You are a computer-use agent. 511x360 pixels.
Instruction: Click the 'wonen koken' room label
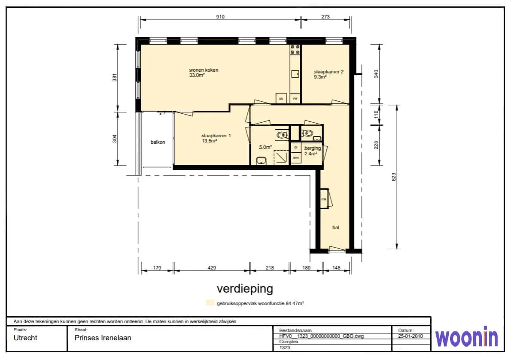[x=204, y=70]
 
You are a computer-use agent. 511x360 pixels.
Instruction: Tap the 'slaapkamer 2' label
[x=328, y=72]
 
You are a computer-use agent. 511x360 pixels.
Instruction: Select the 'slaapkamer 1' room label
[x=216, y=136]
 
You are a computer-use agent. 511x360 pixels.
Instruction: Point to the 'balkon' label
[x=158, y=142]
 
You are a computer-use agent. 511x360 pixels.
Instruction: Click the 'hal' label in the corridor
[x=336, y=227]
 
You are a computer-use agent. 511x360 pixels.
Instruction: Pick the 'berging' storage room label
[x=313, y=148]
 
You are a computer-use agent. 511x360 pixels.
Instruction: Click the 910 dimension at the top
[x=220, y=17]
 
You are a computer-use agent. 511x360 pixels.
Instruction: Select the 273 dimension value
[x=325, y=17]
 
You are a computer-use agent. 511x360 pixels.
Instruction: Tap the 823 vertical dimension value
[x=394, y=177]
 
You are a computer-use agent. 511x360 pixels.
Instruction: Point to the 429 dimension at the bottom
[x=212, y=268]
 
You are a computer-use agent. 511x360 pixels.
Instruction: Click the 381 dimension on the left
[x=114, y=78]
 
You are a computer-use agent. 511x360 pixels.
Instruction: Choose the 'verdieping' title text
[x=245, y=289]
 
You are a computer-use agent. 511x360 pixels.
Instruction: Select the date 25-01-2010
[x=410, y=336]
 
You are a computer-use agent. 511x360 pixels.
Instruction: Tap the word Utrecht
[x=25, y=338]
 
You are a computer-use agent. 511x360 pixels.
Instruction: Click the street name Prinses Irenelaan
[x=103, y=338]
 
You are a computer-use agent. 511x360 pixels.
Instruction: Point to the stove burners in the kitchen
[x=295, y=49]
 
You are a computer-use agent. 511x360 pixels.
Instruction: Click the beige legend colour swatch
[x=210, y=303]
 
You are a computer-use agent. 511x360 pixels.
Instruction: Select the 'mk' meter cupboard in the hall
[x=324, y=199]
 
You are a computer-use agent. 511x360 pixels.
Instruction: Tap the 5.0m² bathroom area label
[x=265, y=148]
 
